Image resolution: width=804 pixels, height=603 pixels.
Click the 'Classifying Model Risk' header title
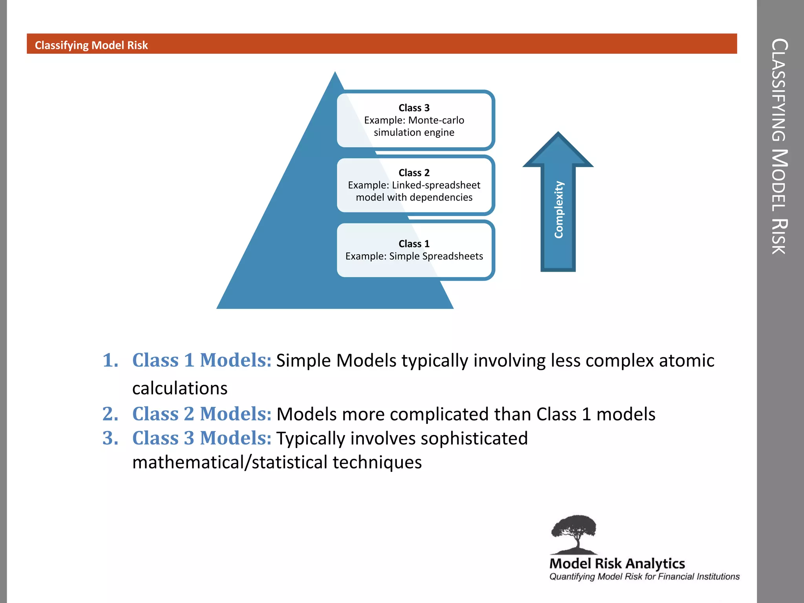(91, 46)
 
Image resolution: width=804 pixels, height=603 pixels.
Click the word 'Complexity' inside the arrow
(559, 210)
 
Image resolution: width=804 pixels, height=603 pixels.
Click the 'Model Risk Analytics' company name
(617, 564)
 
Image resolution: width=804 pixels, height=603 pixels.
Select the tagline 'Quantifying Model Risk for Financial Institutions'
(644, 577)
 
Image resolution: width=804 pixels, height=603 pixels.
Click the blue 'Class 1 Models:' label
(202, 360)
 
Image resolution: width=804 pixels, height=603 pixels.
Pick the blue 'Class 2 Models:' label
(202, 414)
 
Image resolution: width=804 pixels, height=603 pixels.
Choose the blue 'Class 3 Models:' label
(202, 438)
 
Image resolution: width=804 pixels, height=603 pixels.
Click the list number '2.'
(110, 414)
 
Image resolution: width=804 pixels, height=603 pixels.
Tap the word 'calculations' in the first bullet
(180, 388)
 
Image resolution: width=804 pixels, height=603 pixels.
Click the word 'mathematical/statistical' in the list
(230, 462)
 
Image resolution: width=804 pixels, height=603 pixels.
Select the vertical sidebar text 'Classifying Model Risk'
(779, 146)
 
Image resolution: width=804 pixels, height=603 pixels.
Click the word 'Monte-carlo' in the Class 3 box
(436, 120)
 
